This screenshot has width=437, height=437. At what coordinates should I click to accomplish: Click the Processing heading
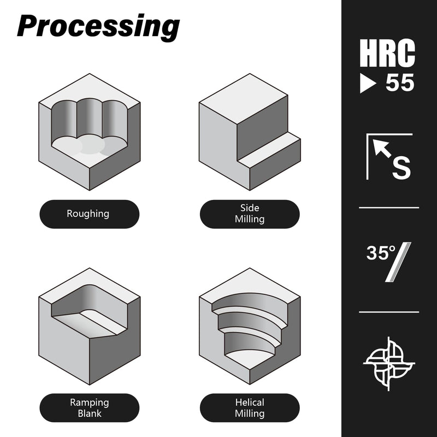click(98, 27)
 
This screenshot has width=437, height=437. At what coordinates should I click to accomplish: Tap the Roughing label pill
click(89, 214)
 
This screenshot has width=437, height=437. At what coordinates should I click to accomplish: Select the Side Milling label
click(250, 214)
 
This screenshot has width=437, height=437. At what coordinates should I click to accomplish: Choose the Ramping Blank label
click(89, 408)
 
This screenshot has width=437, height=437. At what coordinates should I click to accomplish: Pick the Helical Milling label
click(250, 408)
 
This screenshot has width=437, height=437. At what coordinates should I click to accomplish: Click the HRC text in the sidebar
click(387, 53)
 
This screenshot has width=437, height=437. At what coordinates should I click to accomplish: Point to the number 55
click(400, 83)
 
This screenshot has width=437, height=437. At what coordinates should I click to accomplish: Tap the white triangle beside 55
click(367, 83)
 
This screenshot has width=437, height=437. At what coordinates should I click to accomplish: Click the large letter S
click(401, 168)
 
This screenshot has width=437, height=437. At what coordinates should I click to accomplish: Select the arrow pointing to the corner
click(382, 149)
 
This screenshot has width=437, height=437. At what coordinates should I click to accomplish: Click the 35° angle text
click(381, 253)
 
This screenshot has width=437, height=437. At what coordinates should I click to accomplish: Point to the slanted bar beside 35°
click(399, 262)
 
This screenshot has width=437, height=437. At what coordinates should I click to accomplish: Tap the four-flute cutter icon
click(389, 364)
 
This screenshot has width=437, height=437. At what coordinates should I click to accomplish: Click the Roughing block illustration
click(90, 132)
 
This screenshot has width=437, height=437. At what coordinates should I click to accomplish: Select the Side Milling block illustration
click(250, 132)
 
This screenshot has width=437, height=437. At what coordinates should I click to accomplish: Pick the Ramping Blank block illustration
click(90, 326)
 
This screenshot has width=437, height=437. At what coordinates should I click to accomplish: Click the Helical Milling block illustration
click(250, 326)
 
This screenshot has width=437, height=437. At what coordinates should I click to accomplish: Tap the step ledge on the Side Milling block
click(269, 150)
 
